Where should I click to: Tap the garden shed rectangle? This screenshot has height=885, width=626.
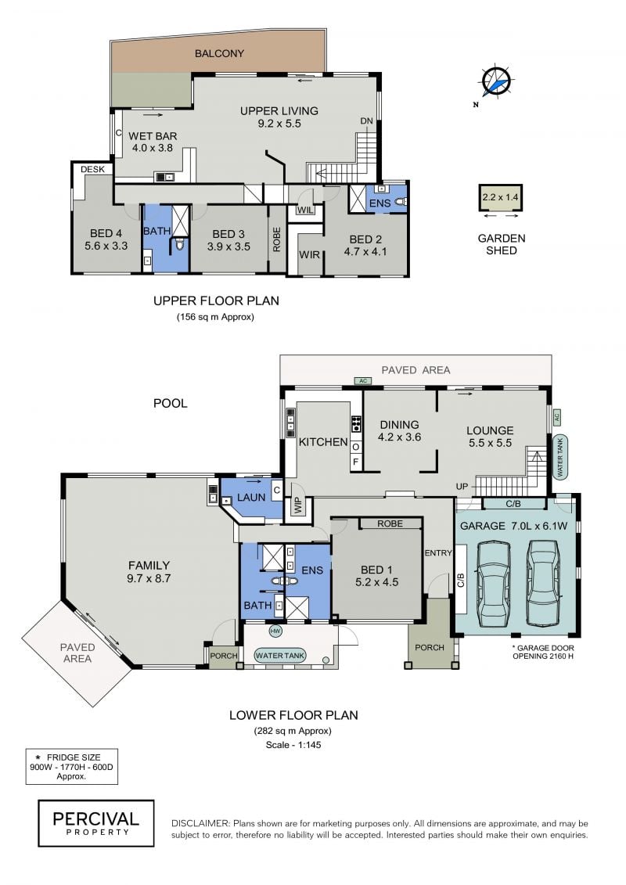click(500, 198)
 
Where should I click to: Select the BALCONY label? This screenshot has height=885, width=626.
click(219, 54)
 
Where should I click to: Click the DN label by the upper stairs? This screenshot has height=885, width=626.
click(367, 121)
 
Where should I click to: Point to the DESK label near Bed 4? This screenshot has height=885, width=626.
click(92, 169)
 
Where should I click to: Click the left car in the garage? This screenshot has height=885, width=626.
click(493, 585)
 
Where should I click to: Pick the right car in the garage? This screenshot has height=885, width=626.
click(543, 583)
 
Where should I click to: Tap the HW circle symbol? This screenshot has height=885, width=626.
click(275, 631)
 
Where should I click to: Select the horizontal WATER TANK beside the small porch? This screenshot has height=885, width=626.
click(280, 655)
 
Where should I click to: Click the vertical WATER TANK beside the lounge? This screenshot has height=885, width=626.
click(560, 457)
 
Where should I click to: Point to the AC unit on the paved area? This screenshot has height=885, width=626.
click(363, 381)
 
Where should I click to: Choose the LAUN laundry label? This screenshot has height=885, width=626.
click(251, 497)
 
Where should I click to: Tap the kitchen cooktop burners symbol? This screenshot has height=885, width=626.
click(357, 423)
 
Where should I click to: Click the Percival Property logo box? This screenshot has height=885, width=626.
click(96, 823)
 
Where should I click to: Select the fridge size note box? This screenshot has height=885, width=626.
click(72, 767)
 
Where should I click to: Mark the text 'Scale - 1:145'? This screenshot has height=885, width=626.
click(293, 744)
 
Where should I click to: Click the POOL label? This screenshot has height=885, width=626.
click(171, 403)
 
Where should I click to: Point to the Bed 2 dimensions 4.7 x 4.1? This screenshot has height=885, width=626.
click(365, 252)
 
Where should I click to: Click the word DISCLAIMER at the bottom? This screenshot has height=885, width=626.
click(200, 823)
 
